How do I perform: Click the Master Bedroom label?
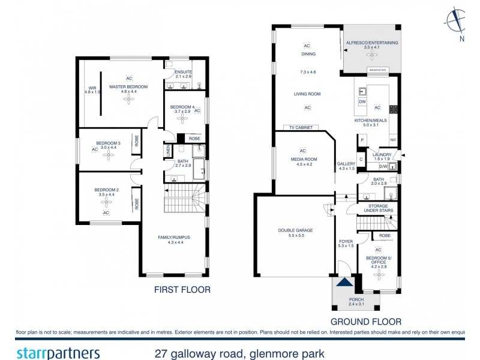(128, 86)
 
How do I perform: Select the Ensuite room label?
(183, 74)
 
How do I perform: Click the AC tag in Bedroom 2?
(106, 213)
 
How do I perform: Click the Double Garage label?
(295, 230)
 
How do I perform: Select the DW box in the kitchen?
(362, 102)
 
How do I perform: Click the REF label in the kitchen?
(393, 140)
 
